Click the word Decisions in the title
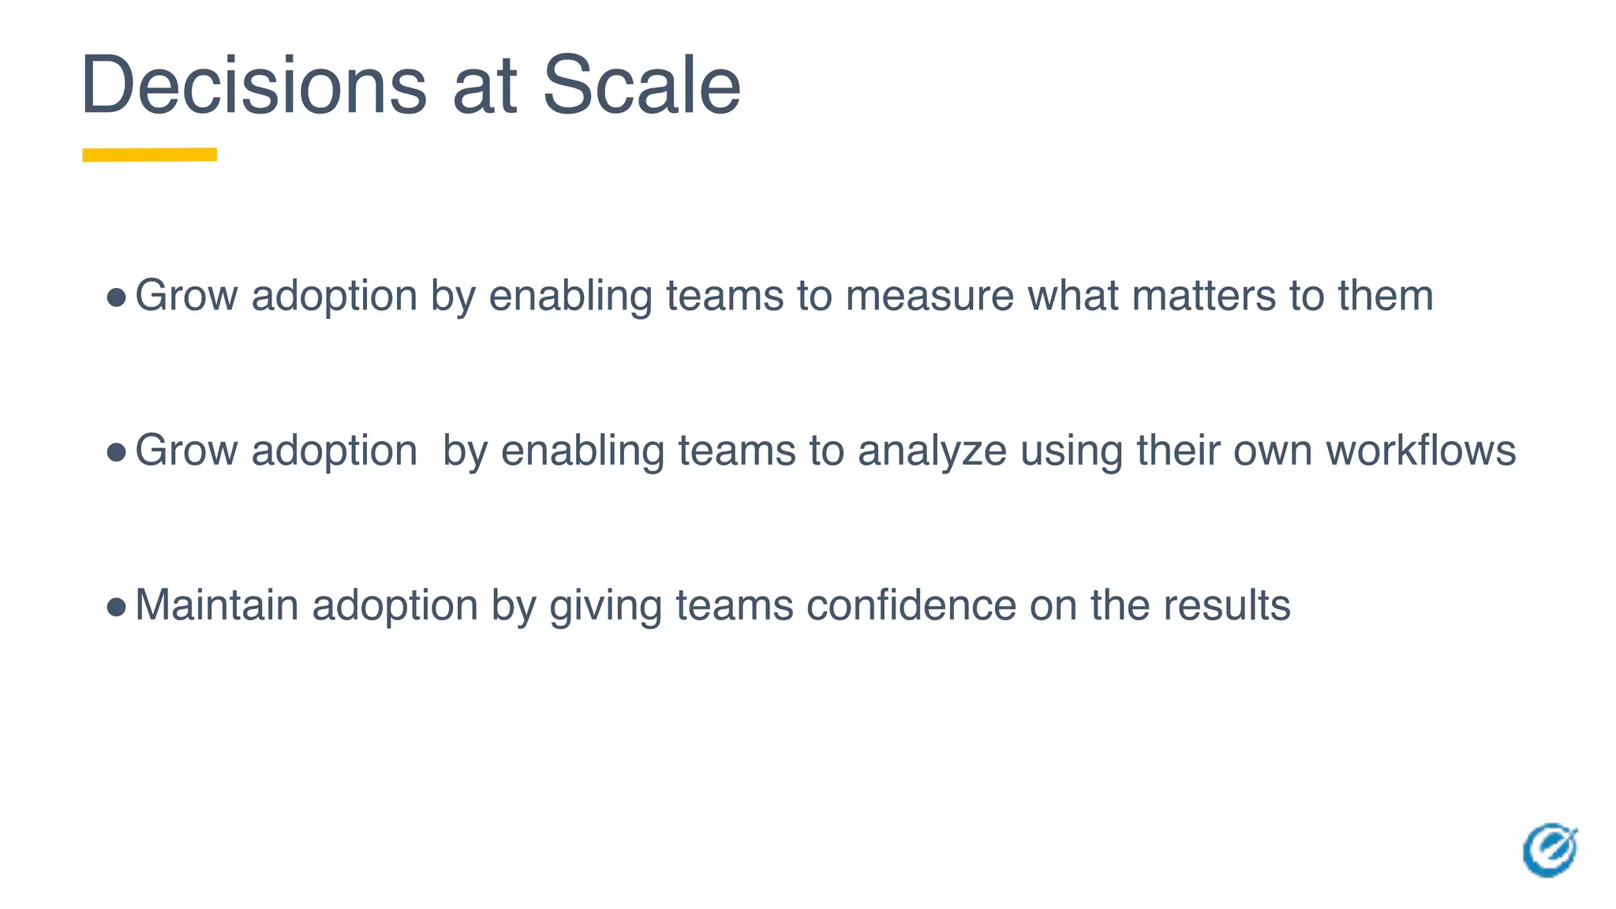(x=253, y=85)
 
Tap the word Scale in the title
(x=642, y=85)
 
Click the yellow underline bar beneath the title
(x=150, y=155)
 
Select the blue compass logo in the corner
(x=1550, y=850)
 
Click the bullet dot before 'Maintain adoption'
(x=116, y=607)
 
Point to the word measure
(x=930, y=296)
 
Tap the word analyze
(x=932, y=451)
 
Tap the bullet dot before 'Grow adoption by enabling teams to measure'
(x=116, y=297)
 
